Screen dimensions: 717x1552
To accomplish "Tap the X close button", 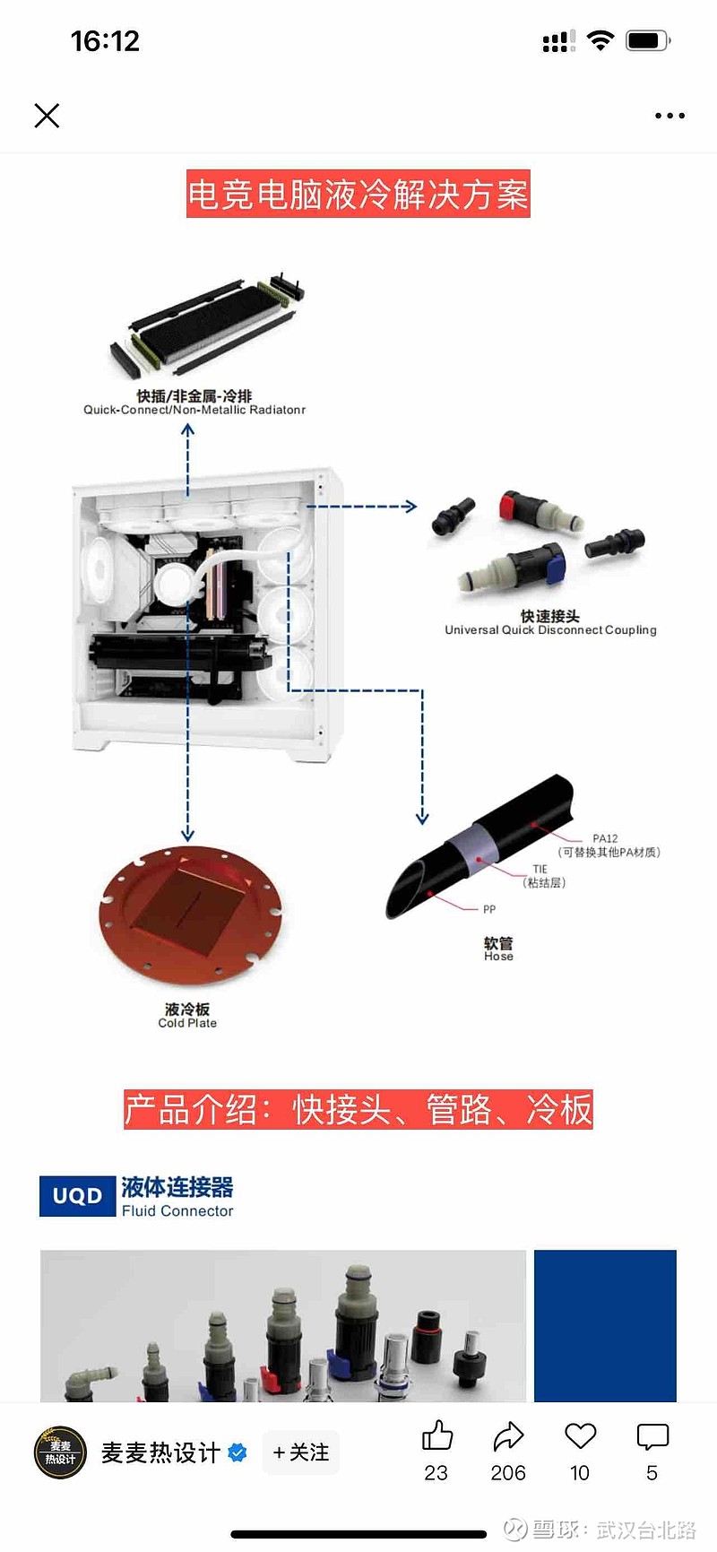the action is (47, 116).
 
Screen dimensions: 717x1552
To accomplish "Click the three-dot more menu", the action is (669, 116).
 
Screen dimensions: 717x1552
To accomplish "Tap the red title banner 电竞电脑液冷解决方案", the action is (358, 194).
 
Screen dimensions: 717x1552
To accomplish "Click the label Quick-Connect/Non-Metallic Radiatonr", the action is (194, 410).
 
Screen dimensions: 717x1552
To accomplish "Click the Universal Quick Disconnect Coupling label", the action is (550, 629).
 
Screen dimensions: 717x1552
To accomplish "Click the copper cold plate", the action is (190, 915).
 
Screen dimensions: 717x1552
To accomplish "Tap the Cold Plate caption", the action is (187, 1023).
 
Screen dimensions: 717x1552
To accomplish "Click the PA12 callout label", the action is (605, 838).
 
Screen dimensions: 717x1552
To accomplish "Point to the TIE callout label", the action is (540, 869).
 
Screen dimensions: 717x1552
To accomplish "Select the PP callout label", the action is (489, 909).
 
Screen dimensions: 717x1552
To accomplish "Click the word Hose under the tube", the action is (498, 957).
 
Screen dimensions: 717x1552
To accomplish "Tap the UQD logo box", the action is (78, 1196).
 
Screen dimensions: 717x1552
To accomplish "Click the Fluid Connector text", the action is (177, 1210).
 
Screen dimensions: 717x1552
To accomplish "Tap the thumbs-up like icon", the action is (436, 1435).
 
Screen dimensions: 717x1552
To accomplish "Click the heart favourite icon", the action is (580, 1435).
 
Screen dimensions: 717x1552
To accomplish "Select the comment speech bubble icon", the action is (652, 1436).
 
